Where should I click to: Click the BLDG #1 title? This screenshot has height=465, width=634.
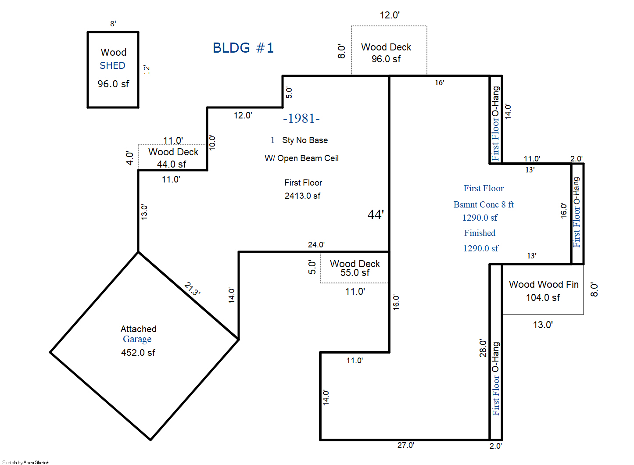[x=243, y=47]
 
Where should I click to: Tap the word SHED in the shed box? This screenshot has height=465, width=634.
[x=112, y=65]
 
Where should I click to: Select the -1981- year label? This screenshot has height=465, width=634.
[x=301, y=118]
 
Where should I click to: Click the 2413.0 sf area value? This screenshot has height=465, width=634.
[x=302, y=196]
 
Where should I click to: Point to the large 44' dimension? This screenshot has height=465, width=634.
[x=376, y=214]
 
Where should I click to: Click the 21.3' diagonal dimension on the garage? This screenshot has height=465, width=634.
[x=193, y=289]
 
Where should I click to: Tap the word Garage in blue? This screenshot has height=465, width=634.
[x=137, y=339]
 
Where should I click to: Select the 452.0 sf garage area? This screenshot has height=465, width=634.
[x=138, y=352]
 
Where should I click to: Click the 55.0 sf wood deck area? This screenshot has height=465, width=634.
[x=355, y=272]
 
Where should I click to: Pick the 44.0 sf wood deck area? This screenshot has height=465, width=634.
[x=172, y=164]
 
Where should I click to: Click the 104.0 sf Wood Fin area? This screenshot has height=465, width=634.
[x=543, y=297]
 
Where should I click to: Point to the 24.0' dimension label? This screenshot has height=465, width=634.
[x=316, y=244]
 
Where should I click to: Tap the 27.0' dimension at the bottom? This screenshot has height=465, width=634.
[x=405, y=445]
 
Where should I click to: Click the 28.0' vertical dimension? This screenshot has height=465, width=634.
[x=483, y=348]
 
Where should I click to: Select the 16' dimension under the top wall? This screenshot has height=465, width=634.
[x=440, y=82]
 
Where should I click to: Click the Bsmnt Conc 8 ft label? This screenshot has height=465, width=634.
[x=484, y=204]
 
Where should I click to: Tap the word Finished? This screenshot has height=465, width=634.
[x=480, y=233]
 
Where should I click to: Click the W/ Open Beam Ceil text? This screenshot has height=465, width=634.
[x=301, y=158]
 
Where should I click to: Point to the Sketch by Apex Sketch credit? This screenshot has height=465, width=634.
[x=26, y=462]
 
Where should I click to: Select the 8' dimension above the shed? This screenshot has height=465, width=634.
[x=113, y=24]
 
